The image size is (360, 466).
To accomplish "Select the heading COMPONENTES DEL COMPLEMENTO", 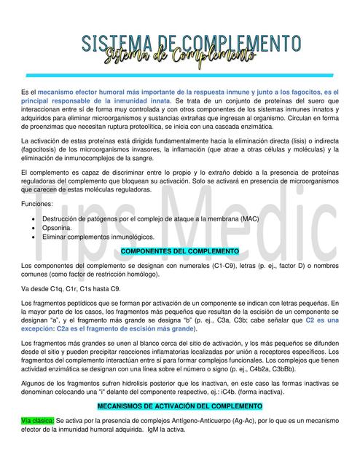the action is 179,251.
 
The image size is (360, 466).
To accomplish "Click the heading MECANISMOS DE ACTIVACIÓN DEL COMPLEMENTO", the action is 179,405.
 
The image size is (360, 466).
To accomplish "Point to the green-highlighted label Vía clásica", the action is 37,421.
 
